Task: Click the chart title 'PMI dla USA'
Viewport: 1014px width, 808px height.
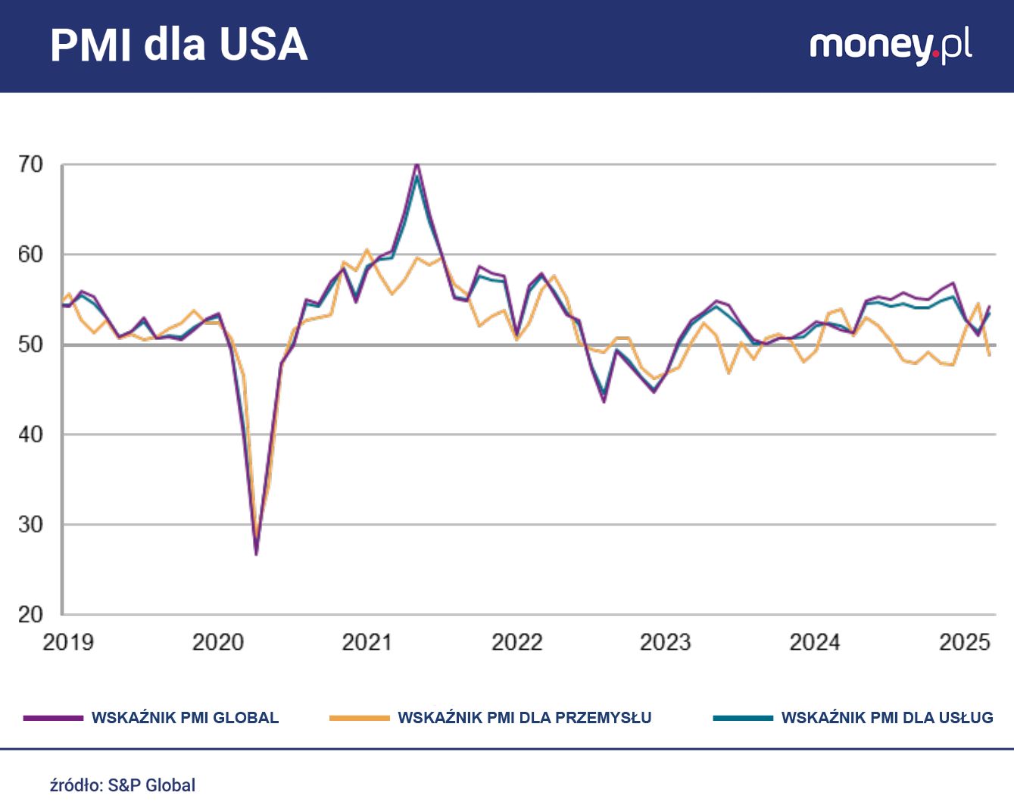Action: click(x=179, y=45)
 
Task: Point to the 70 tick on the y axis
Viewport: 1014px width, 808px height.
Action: click(x=31, y=164)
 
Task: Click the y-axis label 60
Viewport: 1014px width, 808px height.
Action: click(x=31, y=254)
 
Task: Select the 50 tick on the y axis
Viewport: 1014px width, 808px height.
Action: click(x=31, y=345)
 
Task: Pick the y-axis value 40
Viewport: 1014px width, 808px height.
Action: click(x=31, y=435)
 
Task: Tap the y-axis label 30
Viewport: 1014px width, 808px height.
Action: click(x=31, y=524)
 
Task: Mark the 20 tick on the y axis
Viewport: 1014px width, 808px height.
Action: click(x=31, y=614)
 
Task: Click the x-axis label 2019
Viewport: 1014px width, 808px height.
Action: click(x=68, y=642)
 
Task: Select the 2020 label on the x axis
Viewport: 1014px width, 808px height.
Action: click(x=218, y=642)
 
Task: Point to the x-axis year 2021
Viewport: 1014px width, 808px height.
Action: click(x=367, y=642)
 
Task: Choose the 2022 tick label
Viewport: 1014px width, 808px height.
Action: click(x=517, y=642)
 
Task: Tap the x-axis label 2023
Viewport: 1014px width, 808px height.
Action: click(x=666, y=642)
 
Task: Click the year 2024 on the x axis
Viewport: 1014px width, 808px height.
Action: click(x=815, y=642)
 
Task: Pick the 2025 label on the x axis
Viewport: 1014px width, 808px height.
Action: click(x=964, y=642)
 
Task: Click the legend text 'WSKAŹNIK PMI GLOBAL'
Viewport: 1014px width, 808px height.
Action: click(x=185, y=718)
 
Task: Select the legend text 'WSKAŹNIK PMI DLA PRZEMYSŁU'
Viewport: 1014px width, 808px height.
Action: click(x=524, y=718)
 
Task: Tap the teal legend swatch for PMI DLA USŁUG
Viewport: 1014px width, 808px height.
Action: click(x=742, y=718)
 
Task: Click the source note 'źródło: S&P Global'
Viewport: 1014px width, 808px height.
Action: click(x=123, y=785)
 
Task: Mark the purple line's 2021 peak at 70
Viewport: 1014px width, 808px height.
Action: click(x=417, y=164)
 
